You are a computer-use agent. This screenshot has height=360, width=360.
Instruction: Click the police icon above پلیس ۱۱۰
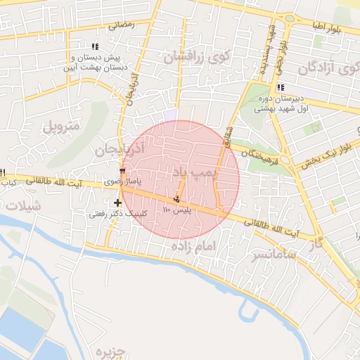(x=176, y=199)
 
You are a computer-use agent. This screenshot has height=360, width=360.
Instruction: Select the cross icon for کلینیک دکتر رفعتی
(x=117, y=203)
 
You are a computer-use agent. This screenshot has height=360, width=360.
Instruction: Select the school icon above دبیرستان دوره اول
(x=281, y=88)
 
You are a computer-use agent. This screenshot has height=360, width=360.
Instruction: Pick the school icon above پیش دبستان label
(x=96, y=46)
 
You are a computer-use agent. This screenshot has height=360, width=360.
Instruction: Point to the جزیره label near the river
(x=110, y=350)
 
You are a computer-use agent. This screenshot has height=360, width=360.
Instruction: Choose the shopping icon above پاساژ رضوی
(x=122, y=171)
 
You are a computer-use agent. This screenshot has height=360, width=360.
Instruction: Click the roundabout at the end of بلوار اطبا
(x=290, y=19)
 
